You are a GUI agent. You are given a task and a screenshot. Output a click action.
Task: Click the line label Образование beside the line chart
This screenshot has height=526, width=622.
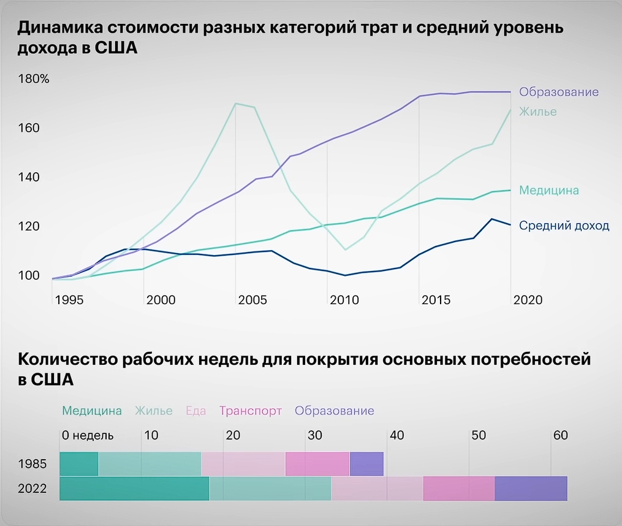(x=558, y=92)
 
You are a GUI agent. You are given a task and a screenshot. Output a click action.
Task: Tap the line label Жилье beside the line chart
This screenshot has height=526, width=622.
(x=537, y=112)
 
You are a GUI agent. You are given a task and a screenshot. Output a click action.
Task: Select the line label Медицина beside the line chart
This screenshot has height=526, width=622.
(x=548, y=190)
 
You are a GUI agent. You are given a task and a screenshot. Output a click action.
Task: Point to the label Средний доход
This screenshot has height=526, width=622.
(x=564, y=226)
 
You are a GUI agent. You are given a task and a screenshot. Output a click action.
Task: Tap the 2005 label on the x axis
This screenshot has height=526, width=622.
(x=252, y=300)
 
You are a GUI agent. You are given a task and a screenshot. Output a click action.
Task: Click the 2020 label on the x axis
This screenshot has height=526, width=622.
(x=528, y=300)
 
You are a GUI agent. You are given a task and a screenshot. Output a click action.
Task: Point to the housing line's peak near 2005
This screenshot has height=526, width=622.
(x=236, y=104)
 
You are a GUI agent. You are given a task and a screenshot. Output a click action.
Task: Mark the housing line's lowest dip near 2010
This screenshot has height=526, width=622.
(x=346, y=250)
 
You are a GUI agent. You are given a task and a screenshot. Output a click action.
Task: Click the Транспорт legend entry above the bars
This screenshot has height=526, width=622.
(x=250, y=411)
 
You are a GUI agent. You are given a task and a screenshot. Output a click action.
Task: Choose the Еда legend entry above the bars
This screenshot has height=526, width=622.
(x=195, y=411)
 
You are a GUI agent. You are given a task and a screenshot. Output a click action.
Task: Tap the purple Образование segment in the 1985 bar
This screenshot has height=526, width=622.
(x=366, y=463)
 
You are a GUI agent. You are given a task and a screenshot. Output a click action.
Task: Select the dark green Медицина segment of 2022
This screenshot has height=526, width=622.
(x=134, y=488)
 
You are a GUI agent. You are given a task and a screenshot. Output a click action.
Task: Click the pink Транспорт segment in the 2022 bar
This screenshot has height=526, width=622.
(x=458, y=488)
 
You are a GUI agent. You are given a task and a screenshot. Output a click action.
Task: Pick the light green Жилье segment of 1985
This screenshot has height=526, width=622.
(x=150, y=463)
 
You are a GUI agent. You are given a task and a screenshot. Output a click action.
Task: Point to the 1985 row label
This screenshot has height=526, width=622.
(x=32, y=463)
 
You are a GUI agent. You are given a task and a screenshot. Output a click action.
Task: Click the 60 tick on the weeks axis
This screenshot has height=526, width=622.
(x=561, y=436)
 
